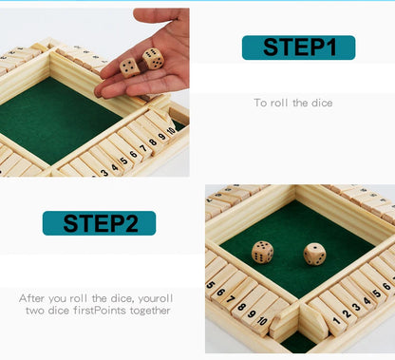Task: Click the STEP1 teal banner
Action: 298,47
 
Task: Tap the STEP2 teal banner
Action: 99,223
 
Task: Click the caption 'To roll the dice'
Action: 292,103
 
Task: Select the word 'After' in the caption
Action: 32,297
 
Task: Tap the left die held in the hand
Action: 129,67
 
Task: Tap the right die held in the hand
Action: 153,59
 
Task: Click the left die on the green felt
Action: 262,252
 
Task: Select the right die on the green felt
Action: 313,254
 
